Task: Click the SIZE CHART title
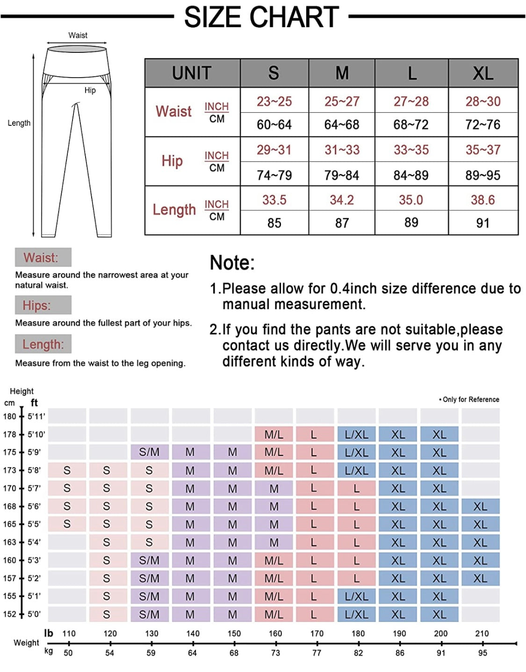tap(261, 17)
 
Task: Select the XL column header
tap(483, 73)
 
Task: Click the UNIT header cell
tap(192, 73)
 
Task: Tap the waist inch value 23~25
tap(274, 101)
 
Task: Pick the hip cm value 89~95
tap(483, 175)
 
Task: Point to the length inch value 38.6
tap(483, 200)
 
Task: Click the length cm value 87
tap(342, 223)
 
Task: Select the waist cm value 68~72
tap(411, 125)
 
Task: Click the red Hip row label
tap(172, 161)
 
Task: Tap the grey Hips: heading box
tap(43, 305)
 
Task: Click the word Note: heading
tap(232, 263)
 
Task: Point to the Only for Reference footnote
tap(469, 399)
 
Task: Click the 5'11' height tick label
tap(36, 416)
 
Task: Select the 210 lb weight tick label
tap(482, 634)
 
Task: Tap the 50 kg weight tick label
tap(68, 653)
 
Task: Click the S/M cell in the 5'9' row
tap(149, 452)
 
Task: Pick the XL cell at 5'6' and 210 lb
tap(480, 506)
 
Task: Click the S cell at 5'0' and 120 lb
tap(107, 614)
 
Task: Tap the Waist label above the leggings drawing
tap(78, 35)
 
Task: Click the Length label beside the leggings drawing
tap(19, 123)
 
